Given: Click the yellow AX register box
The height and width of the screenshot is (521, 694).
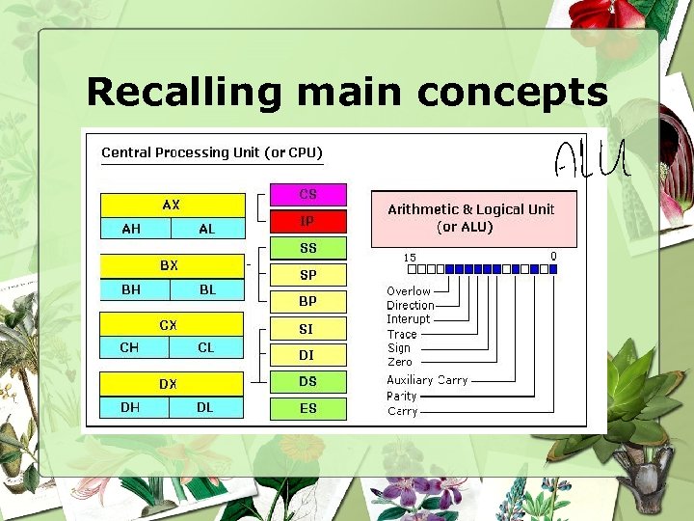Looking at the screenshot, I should [x=173, y=205].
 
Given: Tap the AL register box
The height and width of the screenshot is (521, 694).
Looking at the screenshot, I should [x=207, y=229].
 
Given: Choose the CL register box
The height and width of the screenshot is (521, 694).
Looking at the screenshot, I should [x=207, y=347].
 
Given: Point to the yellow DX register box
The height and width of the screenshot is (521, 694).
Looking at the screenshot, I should [x=173, y=383].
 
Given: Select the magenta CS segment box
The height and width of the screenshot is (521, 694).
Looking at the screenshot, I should [x=307, y=195].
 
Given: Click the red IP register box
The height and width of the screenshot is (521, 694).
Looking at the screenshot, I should [x=307, y=221].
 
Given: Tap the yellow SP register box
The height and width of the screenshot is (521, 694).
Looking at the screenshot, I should [x=307, y=275].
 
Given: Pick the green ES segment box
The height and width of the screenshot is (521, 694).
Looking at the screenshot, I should [x=307, y=408].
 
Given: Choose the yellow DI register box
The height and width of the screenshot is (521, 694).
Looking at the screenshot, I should [x=307, y=355].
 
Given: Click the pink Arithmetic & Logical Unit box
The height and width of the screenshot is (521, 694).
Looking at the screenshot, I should [x=473, y=218].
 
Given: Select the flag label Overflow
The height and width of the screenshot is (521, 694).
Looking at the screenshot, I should [x=409, y=290].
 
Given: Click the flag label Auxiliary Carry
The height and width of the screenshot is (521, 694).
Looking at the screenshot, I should [x=427, y=380].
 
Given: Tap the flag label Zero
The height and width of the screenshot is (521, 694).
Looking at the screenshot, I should [x=399, y=362].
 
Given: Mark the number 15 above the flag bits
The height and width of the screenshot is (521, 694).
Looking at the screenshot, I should [x=410, y=258].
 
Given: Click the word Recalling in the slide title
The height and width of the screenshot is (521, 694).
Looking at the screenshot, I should [x=182, y=93].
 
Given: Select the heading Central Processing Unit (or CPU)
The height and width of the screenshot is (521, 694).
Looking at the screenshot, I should [x=212, y=152].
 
